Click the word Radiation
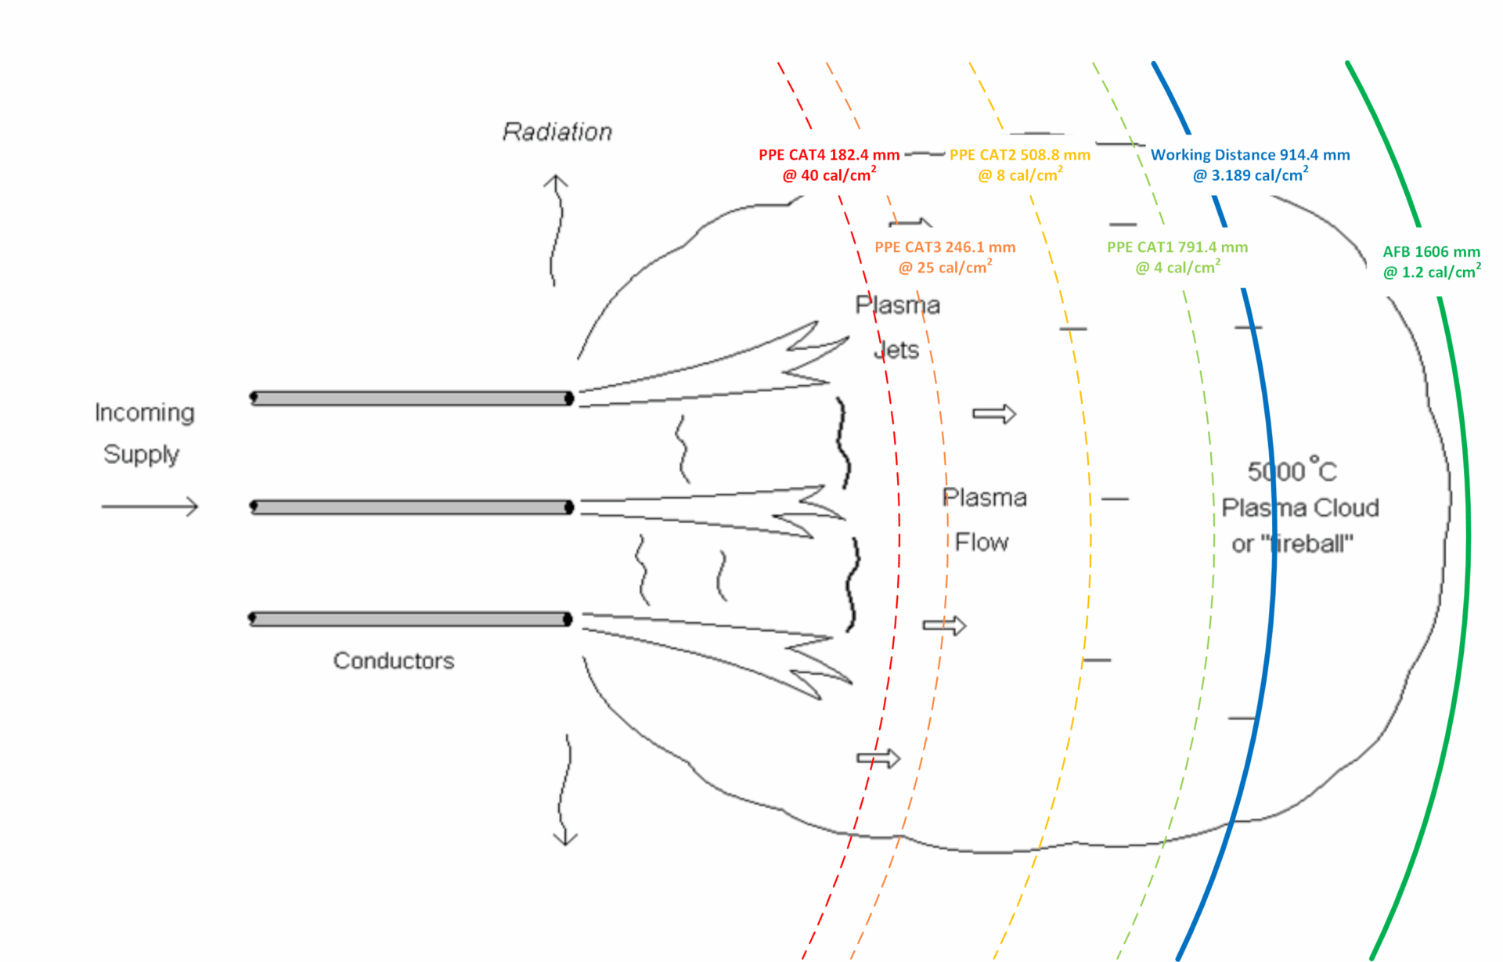[x=557, y=132]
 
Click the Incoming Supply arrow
[x=150, y=506]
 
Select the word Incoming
[x=144, y=413]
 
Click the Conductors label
[x=393, y=661]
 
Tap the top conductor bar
[x=411, y=398]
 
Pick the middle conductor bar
[x=411, y=507]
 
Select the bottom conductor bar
[x=411, y=619]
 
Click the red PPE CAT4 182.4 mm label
[x=829, y=156]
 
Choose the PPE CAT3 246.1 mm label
[x=945, y=247]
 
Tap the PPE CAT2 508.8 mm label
[x=1019, y=156]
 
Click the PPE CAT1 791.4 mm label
[x=1177, y=247]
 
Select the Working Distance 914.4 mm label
[x=1249, y=156]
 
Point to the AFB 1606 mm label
[x=1431, y=252]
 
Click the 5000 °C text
[x=1292, y=471]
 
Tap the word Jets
[x=896, y=350]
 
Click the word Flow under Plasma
[x=982, y=542]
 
